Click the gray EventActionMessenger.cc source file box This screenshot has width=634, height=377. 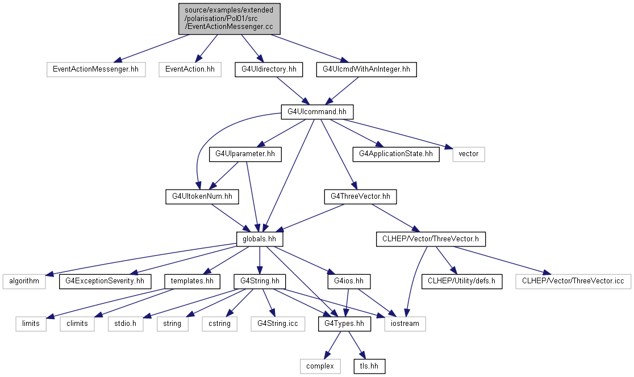[230, 19]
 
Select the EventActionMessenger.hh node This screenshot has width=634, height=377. [96, 69]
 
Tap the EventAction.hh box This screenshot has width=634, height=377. [190, 69]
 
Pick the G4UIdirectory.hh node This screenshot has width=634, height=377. [269, 69]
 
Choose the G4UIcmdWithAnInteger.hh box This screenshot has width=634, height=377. [366, 69]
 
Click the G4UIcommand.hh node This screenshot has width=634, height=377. [317, 112]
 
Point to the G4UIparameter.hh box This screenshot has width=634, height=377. [245, 154]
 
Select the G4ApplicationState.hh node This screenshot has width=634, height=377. [396, 154]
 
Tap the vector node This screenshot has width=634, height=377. [469, 154]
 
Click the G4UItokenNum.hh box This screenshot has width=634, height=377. [202, 197]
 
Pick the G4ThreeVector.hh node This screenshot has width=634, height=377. [360, 197]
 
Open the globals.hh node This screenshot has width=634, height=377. [260, 239]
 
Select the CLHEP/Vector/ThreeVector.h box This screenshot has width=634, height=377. [431, 239]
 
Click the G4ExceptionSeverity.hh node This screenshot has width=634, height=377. [105, 282]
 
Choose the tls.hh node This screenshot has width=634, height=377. [369, 366]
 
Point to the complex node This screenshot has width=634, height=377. [320, 366]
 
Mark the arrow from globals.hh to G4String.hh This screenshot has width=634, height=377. [260, 260]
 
